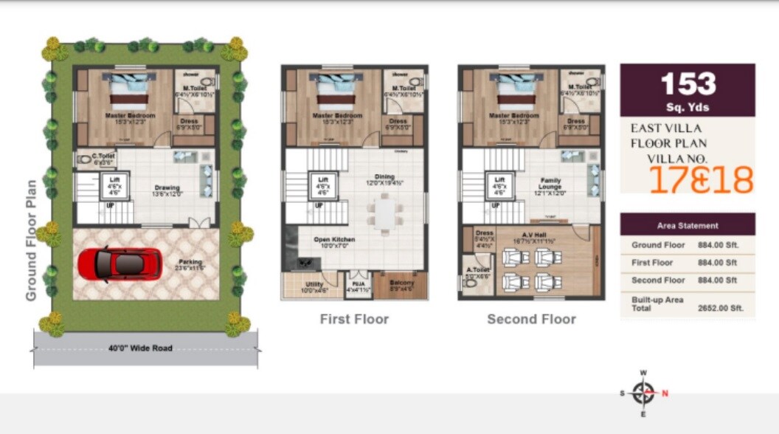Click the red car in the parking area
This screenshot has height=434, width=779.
tap(120, 263)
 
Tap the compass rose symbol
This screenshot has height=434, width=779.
tap(643, 393)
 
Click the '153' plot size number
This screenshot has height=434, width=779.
tap(688, 84)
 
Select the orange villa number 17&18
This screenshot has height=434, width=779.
tap(701, 179)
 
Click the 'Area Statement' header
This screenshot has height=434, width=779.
tap(688, 225)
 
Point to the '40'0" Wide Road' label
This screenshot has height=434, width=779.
tap(140, 348)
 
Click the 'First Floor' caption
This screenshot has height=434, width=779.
tap(354, 319)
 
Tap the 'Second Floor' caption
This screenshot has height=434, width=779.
tap(531, 319)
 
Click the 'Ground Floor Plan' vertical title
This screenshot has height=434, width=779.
tap(31, 241)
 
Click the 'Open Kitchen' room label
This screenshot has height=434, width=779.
tap(334, 240)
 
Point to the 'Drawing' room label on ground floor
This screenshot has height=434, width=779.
tap(167, 187)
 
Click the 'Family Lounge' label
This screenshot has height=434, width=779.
tap(550, 184)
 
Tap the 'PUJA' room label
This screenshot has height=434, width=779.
tap(358, 282)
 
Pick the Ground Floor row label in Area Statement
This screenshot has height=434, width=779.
tap(658, 245)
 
